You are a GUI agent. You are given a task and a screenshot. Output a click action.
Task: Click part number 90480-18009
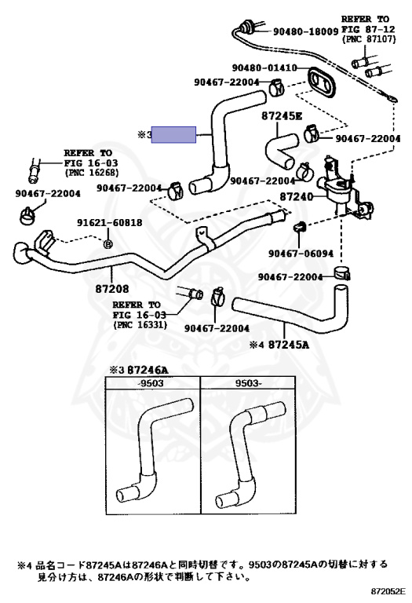305,31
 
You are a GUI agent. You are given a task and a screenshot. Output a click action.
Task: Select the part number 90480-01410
264,68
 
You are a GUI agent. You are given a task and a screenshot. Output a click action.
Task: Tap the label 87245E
282,115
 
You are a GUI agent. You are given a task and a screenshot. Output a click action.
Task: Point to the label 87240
297,197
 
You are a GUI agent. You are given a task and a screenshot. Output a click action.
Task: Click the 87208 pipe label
112,288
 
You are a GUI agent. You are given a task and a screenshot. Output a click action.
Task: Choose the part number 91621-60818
110,223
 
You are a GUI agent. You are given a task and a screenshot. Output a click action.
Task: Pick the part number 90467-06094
301,254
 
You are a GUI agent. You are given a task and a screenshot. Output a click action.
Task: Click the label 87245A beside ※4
288,345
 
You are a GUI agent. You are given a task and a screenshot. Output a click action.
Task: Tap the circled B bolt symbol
108,243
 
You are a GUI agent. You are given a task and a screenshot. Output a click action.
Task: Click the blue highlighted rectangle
173,134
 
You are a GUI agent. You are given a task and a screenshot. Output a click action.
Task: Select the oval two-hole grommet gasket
321,81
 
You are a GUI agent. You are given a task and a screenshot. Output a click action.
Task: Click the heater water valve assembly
344,188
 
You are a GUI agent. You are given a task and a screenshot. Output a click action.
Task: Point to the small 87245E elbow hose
281,149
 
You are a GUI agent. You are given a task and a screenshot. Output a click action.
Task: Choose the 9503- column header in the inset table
248,383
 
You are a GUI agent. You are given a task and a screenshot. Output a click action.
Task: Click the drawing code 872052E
388,591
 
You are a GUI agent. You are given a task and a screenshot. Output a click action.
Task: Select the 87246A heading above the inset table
148,370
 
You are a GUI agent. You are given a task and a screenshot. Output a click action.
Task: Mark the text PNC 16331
140,325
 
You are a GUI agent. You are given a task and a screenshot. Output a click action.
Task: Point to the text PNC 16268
92,173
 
